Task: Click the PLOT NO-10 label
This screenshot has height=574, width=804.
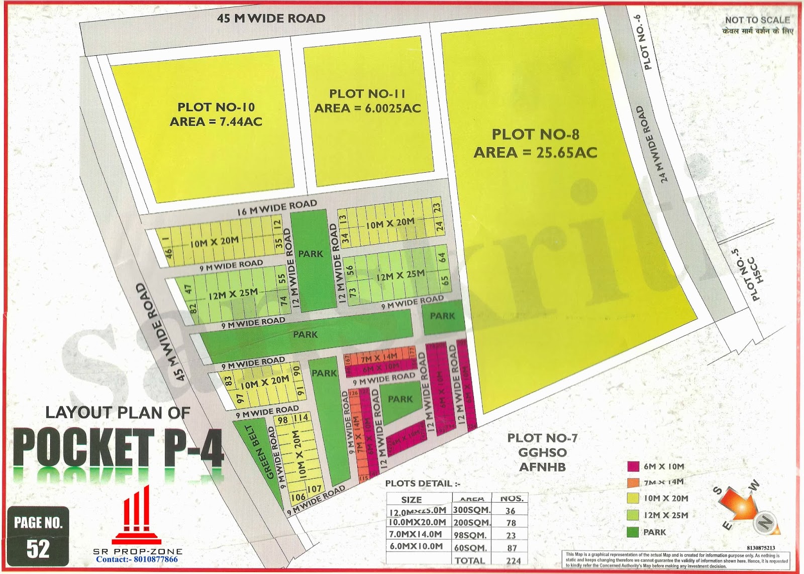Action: point(216,107)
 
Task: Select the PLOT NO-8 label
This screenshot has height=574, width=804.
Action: point(535,135)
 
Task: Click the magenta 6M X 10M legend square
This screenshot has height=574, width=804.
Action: point(633,467)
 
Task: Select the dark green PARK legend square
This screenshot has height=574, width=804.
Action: point(633,532)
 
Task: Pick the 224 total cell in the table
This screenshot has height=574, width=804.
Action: point(513,560)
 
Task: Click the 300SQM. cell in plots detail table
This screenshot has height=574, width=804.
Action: point(471,510)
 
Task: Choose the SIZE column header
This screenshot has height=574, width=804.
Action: point(411,500)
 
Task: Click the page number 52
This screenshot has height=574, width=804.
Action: point(38,548)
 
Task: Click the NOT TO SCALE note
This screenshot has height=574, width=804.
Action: point(757,20)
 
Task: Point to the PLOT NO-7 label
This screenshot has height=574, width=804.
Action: point(542,438)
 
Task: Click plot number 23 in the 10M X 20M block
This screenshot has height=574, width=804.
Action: point(437,207)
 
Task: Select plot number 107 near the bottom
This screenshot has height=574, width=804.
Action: point(315,489)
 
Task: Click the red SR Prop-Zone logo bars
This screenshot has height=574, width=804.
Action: point(137,515)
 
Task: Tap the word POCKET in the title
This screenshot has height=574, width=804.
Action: point(83,447)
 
